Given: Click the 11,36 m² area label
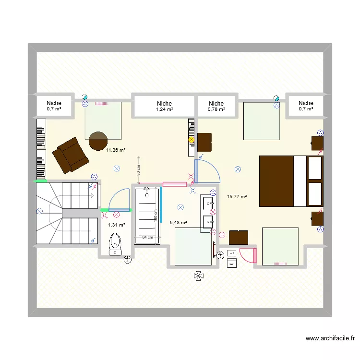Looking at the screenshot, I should tap(116, 150).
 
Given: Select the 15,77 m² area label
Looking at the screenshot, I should tap(237, 196).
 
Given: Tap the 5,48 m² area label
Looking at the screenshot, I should tap(178, 222).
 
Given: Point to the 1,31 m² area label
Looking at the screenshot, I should tap(117, 225).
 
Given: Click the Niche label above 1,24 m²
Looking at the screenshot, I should tap(164, 103).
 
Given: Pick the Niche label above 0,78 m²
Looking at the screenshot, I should tap(216, 103).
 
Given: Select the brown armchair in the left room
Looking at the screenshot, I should tap(70, 155).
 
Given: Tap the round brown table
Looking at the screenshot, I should tap(98, 140).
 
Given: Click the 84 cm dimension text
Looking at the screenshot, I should tap(147, 237).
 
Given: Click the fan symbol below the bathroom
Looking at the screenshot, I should tap(198, 276).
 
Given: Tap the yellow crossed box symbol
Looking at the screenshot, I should tap(192, 140).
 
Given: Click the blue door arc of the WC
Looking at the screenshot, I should tap(120, 198).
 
